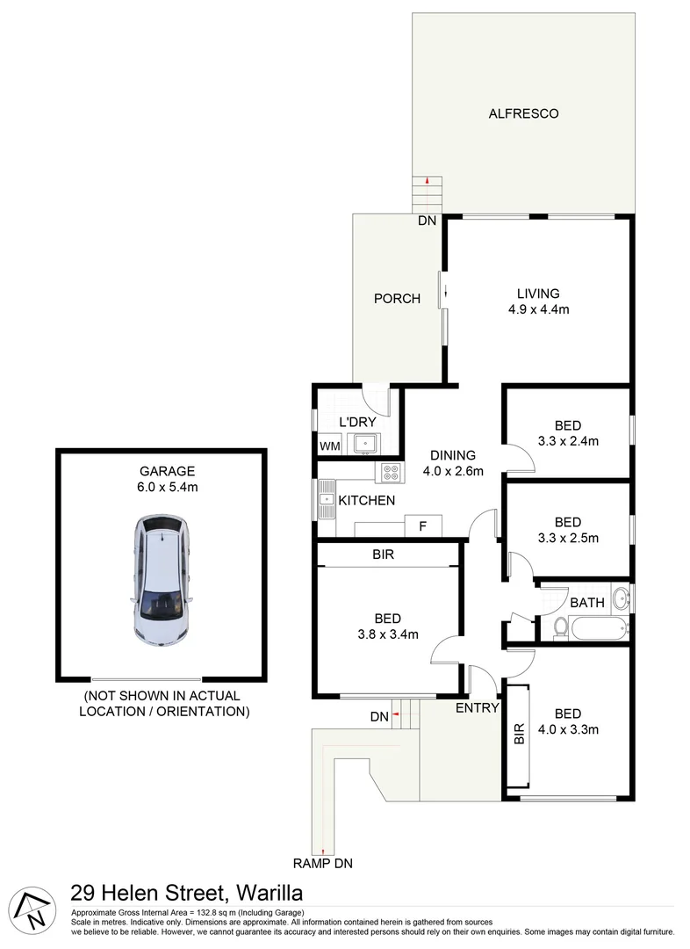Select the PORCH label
pyautogui.click(x=397, y=299)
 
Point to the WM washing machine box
pyautogui.click(x=329, y=446)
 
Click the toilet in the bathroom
pyautogui.click(x=560, y=627)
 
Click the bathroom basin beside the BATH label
pyautogui.click(x=622, y=599)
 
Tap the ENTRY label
pyautogui.click(x=478, y=707)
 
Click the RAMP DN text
pyautogui.click(x=323, y=864)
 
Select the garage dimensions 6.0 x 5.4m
pyautogui.click(x=160, y=486)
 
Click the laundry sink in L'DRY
pyautogui.click(x=363, y=444)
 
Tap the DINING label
pyautogui.click(x=452, y=455)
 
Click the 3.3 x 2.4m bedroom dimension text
pyautogui.click(x=568, y=441)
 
